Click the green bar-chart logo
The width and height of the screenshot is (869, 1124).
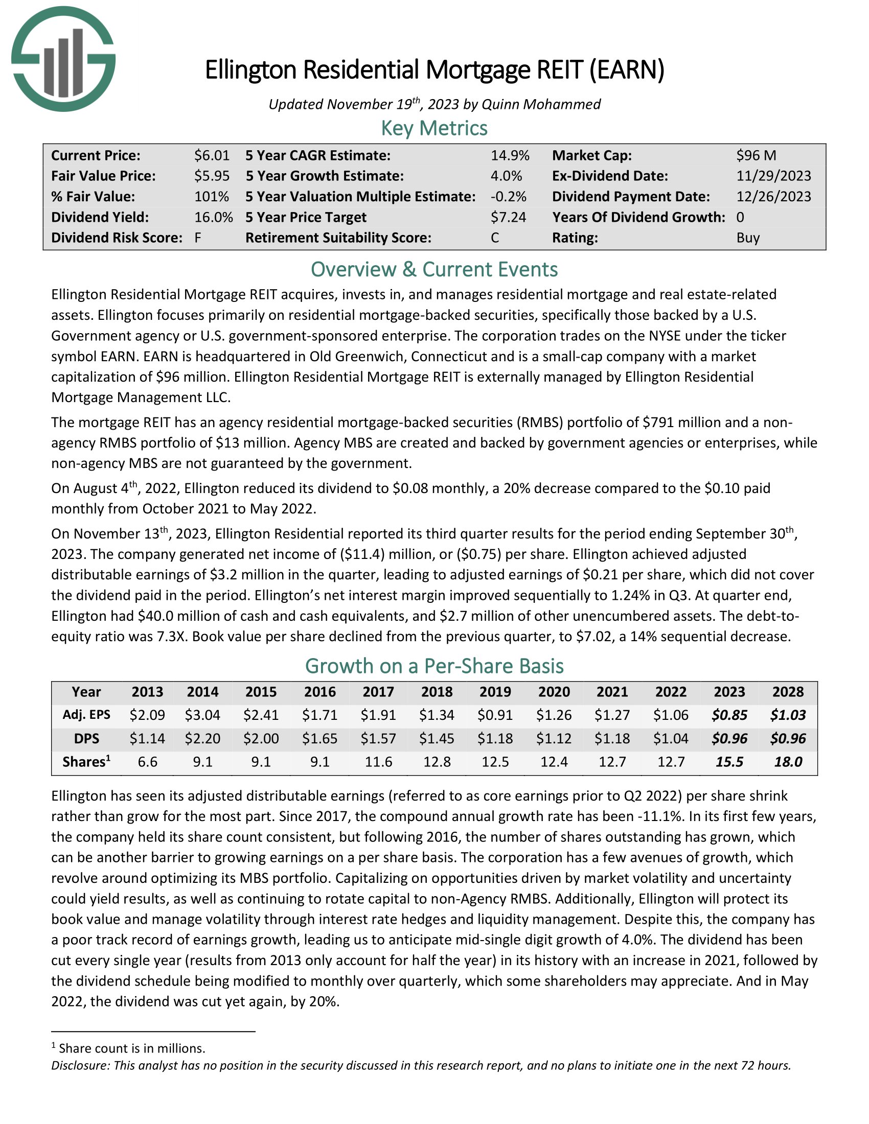tap(63, 59)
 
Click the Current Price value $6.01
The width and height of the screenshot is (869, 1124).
tap(212, 155)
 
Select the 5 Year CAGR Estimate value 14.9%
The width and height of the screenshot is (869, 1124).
tap(510, 155)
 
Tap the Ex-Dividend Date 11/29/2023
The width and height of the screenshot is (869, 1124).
tap(773, 176)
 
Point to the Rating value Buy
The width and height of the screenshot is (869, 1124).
tap(747, 238)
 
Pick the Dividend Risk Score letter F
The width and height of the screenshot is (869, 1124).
tap(198, 238)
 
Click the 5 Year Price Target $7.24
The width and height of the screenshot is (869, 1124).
tap(508, 217)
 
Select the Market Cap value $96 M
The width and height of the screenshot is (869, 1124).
tap(756, 155)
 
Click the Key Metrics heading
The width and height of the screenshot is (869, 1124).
tap(434, 128)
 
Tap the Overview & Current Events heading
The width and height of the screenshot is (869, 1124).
tap(434, 270)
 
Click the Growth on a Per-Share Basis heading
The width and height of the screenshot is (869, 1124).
tap(434, 666)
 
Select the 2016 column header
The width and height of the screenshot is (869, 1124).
tap(319, 692)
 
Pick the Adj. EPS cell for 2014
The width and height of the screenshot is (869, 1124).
tap(202, 715)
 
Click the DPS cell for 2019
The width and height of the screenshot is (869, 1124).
tap(495, 739)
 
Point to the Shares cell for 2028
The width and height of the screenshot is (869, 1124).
tap(788, 762)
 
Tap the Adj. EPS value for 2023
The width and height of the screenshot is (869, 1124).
tap(729, 715)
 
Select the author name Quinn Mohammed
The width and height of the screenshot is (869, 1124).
tap(540, 104)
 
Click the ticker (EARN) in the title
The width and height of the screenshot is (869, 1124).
tap(627, 71)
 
